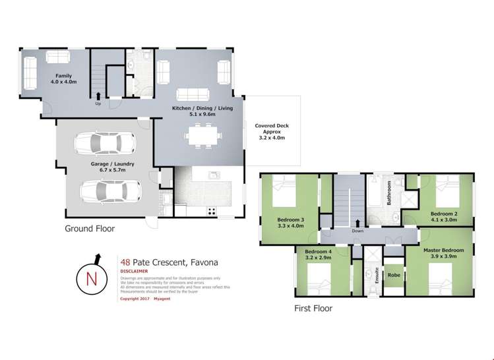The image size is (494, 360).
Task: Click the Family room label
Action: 63,79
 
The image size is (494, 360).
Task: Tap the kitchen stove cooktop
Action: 212,211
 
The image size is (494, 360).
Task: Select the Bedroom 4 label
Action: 319,255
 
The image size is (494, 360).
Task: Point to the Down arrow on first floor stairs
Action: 358,224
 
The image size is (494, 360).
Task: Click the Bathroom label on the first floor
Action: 390,193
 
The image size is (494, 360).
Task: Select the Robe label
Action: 394,275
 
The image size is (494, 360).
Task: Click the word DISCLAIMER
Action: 134,270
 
